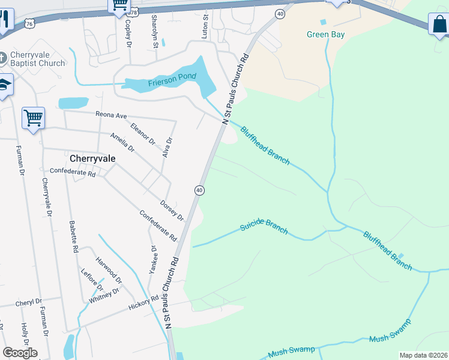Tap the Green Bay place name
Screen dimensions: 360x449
[325, 35]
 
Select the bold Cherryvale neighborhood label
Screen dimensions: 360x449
[92, 159]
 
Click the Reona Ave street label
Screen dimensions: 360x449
[112, 115]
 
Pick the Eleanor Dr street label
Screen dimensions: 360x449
[142, 134]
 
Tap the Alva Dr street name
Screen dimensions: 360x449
[167, 148]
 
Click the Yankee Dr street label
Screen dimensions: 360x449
[153, 260]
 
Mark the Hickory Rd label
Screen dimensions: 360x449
[143, 303]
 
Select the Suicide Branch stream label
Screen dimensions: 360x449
[264, 227]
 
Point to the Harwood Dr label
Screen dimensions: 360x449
[109, 271]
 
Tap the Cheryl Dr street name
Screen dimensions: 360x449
[29, 302]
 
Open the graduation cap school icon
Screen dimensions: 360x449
[5, 86]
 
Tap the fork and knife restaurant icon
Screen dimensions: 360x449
[5, 20]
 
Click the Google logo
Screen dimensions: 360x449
[20, 353]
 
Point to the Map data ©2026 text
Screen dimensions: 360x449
[423, 355]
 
